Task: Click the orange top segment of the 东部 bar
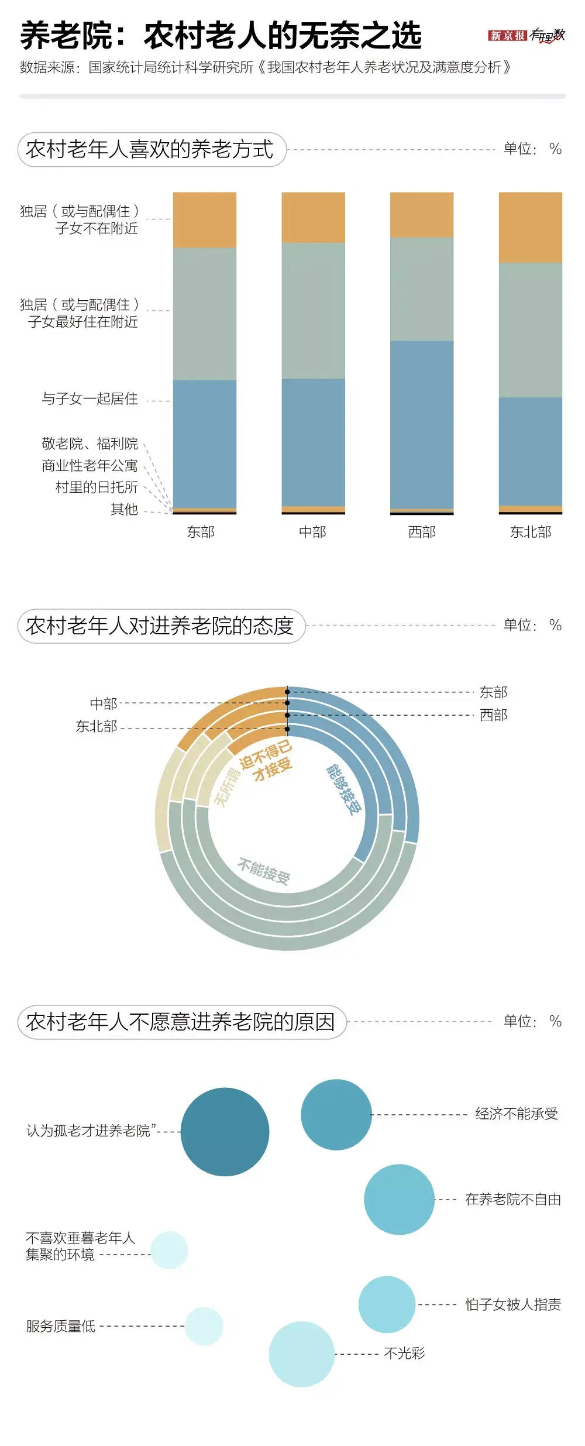205,219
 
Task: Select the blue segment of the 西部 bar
422,424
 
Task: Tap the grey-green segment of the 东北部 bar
530,329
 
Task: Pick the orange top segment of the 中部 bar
313,217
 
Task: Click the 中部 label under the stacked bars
312,532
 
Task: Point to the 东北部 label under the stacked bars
530,532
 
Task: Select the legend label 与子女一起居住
90,399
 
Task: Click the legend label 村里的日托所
97,487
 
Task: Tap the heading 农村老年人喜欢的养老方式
150,149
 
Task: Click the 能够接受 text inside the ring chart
344,789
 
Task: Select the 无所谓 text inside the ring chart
228,787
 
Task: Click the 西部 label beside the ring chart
493,715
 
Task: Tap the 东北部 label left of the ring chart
97,726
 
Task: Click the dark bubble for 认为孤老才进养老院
225,1132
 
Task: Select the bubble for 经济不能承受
336,1114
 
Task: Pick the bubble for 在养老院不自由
399,1199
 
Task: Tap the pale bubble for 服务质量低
204,1326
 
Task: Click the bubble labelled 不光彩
301,1354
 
